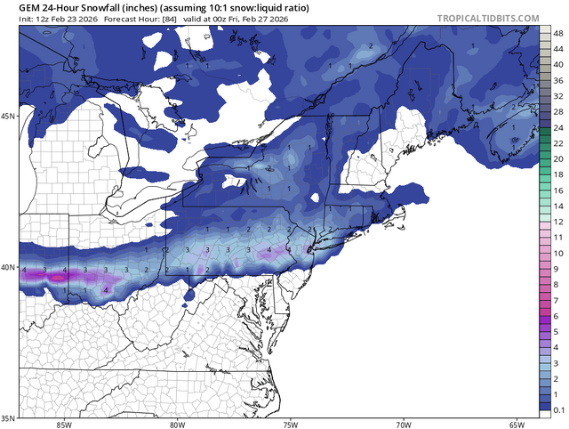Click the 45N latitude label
(10, 117)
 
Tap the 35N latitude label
(10, 417)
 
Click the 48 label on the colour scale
(557, 33)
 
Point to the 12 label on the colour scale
(557, 222)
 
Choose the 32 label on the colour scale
(557, 96)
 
